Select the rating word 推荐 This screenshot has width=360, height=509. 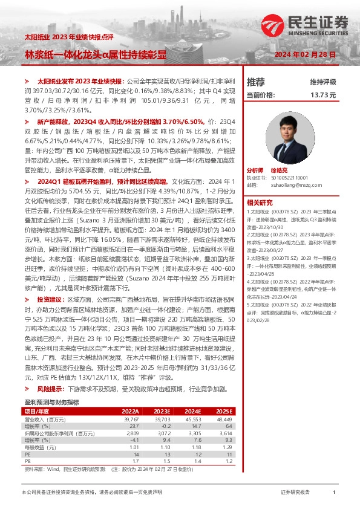pos(256,82)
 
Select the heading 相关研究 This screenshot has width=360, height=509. pos(260,203)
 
